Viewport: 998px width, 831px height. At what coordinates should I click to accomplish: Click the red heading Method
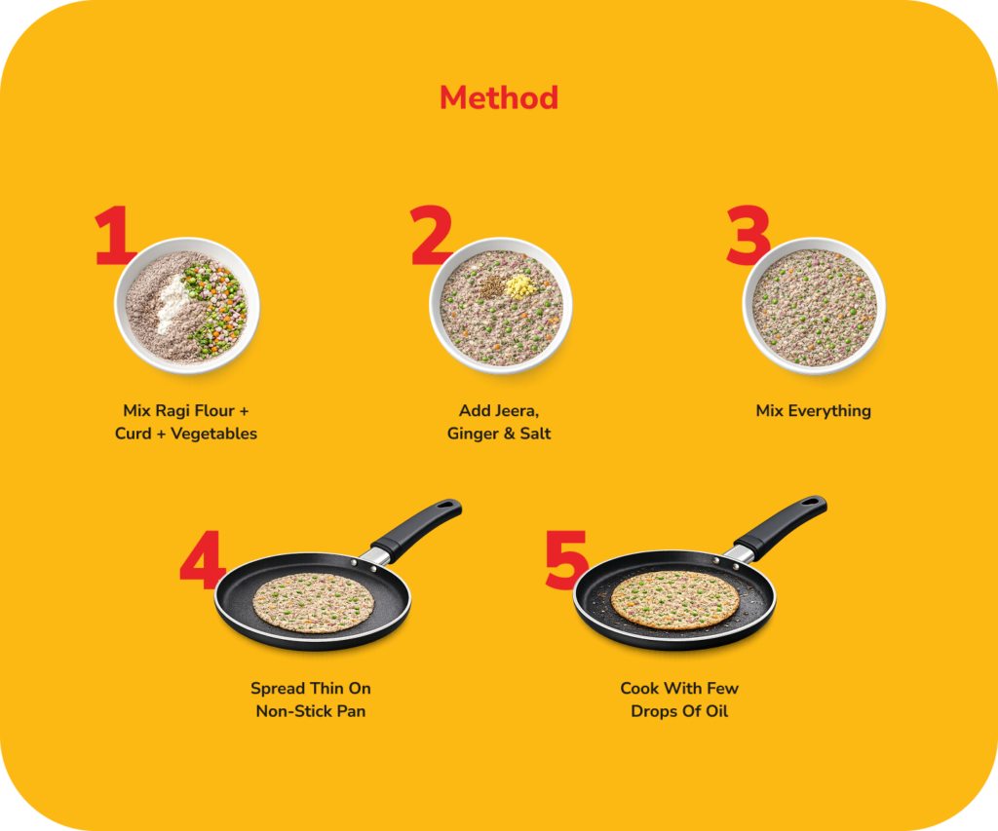tap(499, 98)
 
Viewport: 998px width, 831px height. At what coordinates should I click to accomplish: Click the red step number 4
tap(203, 560)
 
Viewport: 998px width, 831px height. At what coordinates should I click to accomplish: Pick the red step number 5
tap(566, 560)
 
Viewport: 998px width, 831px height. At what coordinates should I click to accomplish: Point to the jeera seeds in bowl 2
tap(491, 287)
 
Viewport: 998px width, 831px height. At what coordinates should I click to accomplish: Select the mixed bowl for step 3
tap(814, 306)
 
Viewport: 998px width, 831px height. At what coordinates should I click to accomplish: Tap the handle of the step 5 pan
tap(782, 527)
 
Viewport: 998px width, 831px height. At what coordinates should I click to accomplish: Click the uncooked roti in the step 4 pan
tap(313, 603)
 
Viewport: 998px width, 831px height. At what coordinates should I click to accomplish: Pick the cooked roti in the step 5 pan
tap(675, 600)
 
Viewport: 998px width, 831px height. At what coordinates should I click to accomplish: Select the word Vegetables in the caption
tap(213, 434)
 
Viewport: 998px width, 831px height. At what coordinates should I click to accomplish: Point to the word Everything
tap(829, 411)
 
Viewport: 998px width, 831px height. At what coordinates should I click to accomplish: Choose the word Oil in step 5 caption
tap(716, 711)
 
